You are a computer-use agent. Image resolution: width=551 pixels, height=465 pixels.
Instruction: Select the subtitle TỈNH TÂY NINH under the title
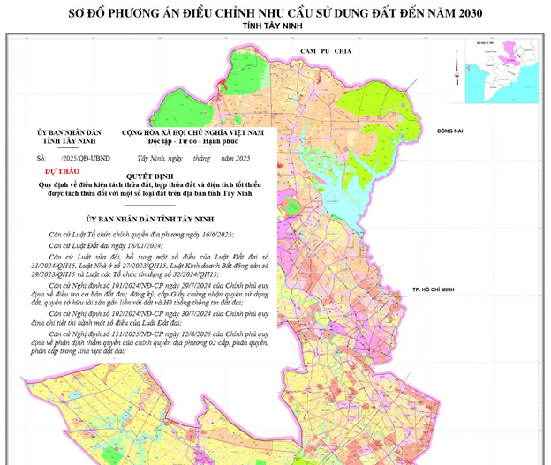275,28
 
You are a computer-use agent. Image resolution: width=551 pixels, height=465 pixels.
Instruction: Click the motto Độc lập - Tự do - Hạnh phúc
193,141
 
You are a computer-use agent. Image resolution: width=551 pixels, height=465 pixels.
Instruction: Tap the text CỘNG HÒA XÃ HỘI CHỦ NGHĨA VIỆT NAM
193,131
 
